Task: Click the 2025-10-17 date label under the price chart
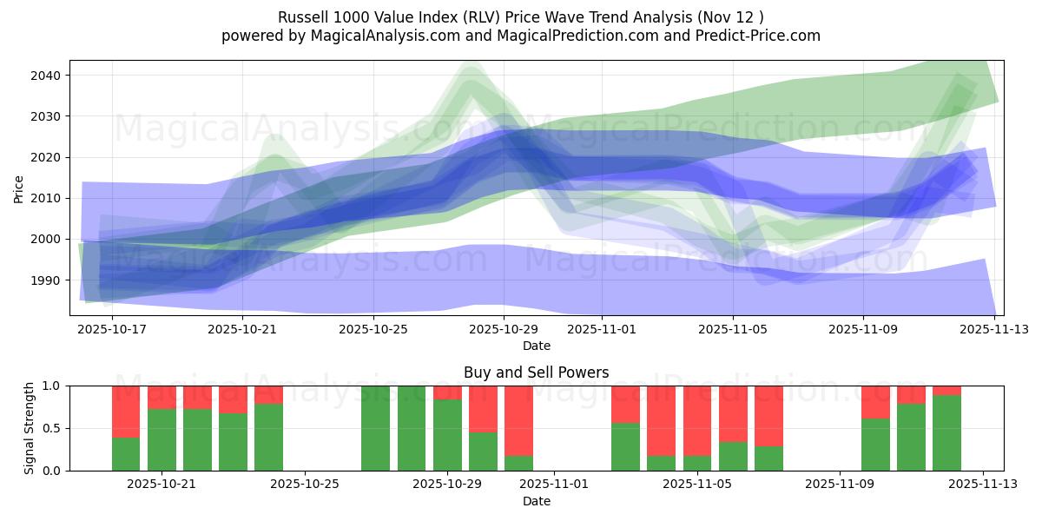(x=112, y=330)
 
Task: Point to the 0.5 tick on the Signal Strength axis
(x=52, y=428)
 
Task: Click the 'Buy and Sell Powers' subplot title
(x=536, y=373)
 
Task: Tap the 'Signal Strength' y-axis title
(x=30, y=427)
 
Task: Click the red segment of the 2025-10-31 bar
(x=518, y=420)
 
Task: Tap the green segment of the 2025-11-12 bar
(x=946, y=432)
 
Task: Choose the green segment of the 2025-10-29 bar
(x=447, y=434)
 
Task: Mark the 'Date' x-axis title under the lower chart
(x=536, y=501)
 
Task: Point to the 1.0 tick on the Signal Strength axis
(x=52, y=386)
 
